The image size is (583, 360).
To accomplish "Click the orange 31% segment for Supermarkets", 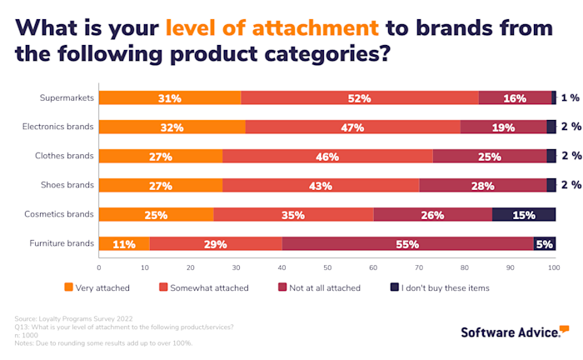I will (x=170, y=98).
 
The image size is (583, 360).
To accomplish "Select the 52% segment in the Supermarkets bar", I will (x=360, y=98).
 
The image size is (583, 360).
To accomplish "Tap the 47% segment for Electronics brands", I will (x=353, y=127).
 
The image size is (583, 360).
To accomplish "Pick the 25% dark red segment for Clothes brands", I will (x=490, y=156).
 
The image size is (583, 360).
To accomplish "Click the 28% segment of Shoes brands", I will (x=483, y=185).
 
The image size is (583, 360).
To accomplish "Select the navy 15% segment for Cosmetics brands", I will (x=524, y=214).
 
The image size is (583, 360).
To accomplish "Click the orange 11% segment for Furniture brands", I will (x=124, y=243).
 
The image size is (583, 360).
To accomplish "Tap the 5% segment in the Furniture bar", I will (x=545, y=243).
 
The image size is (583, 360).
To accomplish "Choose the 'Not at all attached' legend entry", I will (x=319, y=287).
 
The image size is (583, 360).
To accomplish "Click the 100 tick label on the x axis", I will (x=555, y=267).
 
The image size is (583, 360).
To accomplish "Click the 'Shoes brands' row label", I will (x=67, y=185).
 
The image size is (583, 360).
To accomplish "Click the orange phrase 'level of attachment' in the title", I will (x=272, y=27).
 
